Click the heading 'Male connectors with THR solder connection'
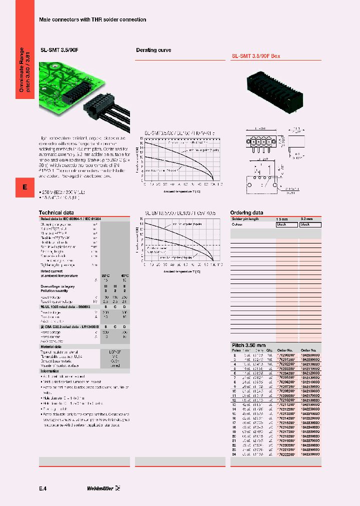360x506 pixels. pos(92,19)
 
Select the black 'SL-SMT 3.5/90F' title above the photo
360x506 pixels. pos(60,50)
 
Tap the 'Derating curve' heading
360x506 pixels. pos(153,50)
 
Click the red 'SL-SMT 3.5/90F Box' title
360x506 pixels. pos(255,56)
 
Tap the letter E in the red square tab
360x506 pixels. pos(24,187)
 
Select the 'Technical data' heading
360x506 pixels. pos(56,212)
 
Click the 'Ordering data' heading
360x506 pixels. pos(246,212)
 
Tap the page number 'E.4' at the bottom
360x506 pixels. pos(43,487)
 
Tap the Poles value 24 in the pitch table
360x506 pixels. pos(233,468)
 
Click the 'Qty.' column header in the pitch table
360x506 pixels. pos(269,350)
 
